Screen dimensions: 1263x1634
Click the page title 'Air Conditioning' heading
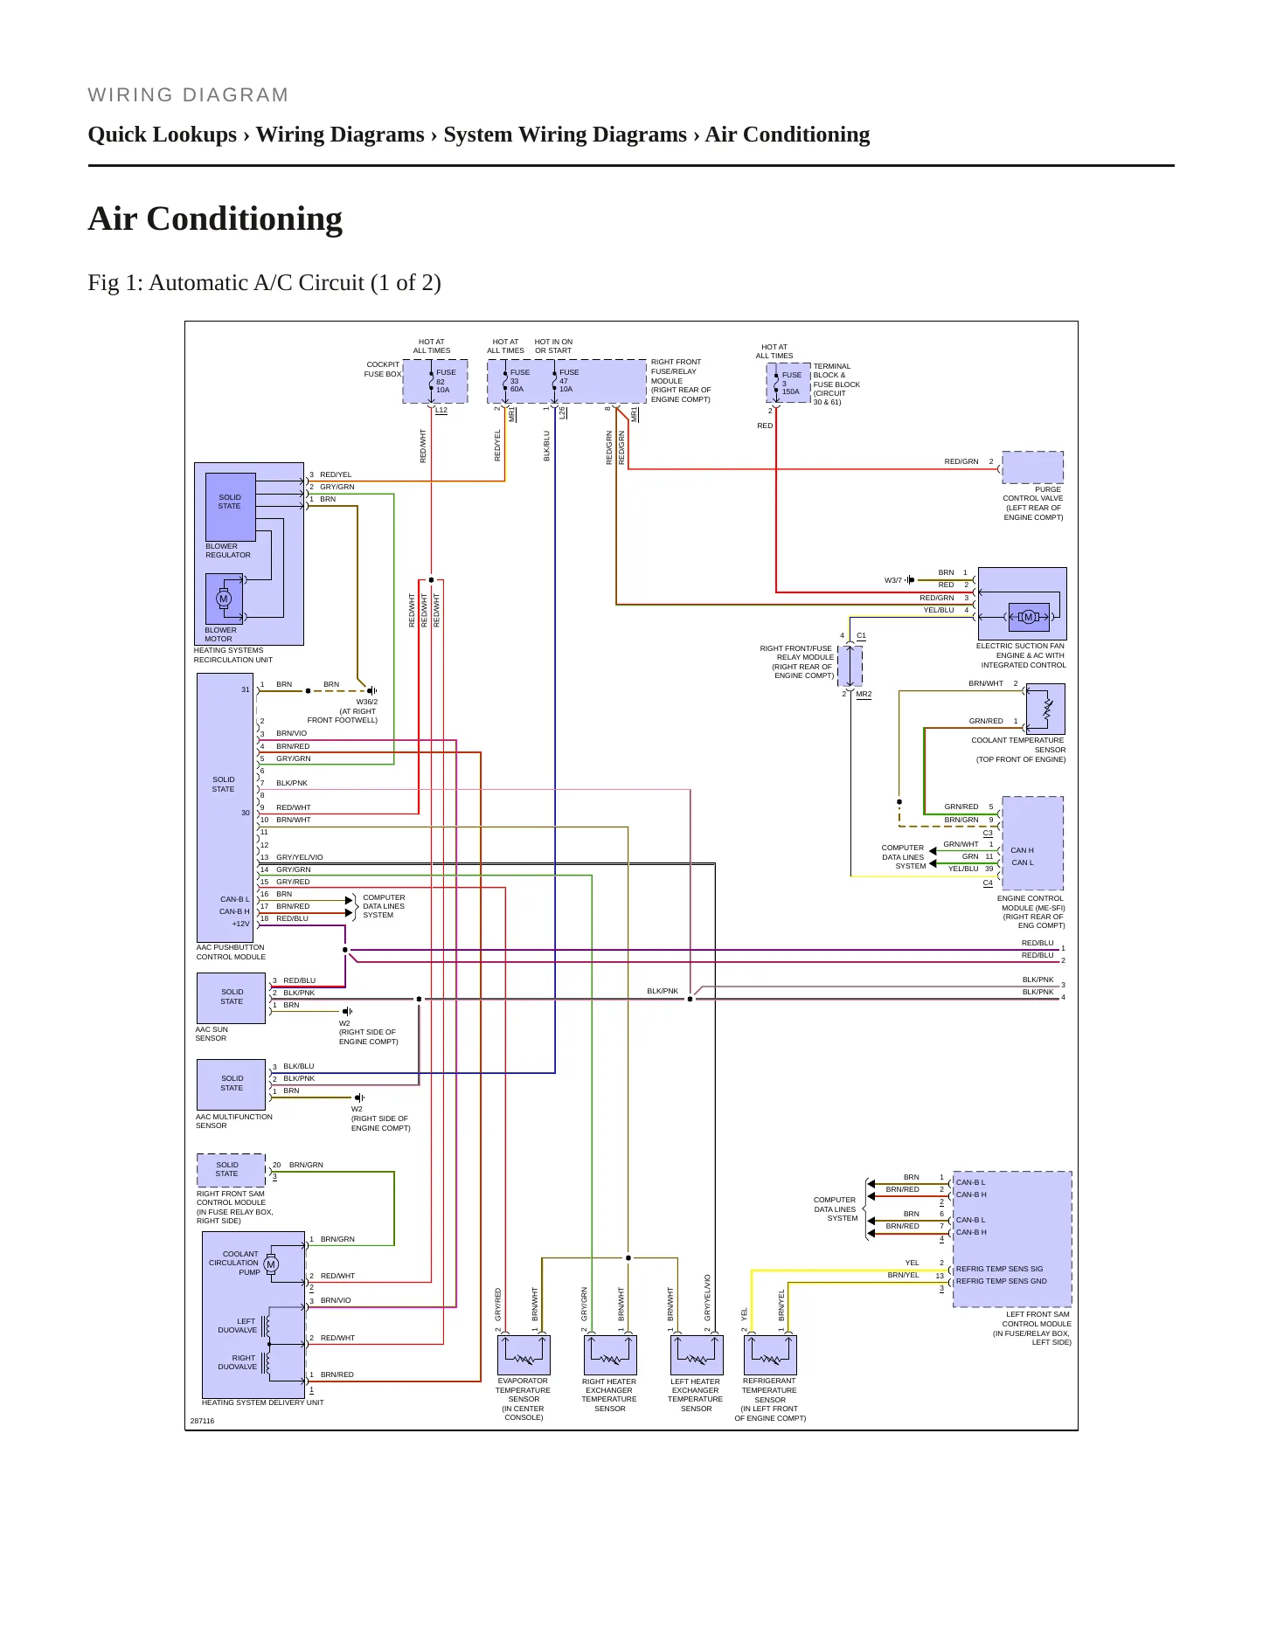pos(215,218)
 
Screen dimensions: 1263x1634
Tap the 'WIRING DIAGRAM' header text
pos(188,95)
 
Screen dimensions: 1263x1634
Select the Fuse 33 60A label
pos(519,381)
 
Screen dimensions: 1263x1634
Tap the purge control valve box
pos(1032,467)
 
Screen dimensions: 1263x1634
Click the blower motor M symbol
pos(224,599)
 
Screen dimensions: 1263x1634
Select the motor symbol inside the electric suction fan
pos(1028,617)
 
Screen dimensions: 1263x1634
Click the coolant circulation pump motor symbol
pos(271,1264)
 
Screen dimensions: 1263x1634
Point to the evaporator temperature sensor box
pos(524,1355)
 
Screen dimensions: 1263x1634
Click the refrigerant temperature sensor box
pos(770,1355)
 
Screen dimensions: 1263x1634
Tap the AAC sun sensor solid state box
pos(231,998)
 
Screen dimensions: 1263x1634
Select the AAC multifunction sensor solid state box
pos(231,1084)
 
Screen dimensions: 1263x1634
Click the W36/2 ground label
pos(367,702)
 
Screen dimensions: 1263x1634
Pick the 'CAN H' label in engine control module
pos(1022,850)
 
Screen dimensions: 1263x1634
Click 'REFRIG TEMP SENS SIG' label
pos(999,1269)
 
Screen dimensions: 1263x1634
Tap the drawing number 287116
pos(202,1421)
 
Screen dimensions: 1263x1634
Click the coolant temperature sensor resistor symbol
pos(1047,708)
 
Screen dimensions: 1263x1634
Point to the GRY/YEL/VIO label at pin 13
pos(300,857)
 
